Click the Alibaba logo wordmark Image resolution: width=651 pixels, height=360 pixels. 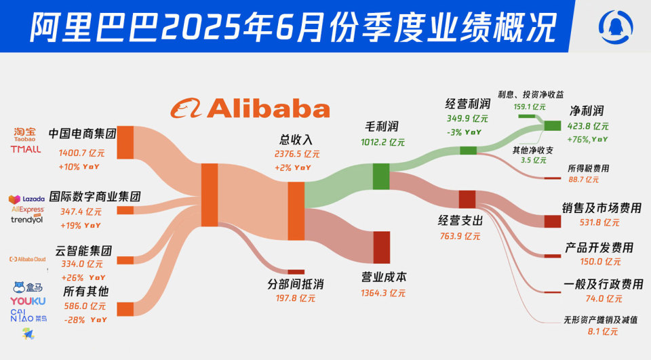250,108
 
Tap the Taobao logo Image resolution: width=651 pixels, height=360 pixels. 25,134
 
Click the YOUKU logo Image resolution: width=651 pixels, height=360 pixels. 28,301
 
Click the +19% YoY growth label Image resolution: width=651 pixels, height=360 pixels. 80,226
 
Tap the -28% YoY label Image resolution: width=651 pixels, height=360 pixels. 84,319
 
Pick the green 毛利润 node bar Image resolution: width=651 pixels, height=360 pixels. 381,176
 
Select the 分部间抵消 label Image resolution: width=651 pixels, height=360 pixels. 295,284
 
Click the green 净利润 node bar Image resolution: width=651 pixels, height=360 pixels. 553,125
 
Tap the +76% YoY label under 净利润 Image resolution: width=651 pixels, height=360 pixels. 590,139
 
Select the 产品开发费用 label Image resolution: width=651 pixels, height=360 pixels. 599,247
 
